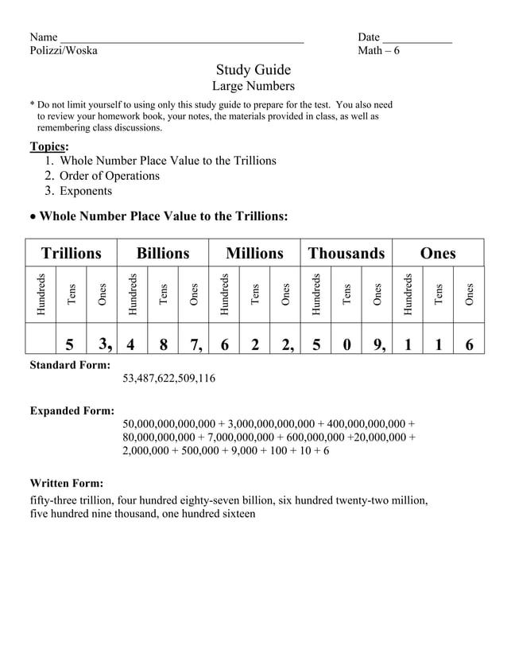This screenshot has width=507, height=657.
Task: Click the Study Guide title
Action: [x=253, y=69]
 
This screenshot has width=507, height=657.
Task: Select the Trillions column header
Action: [x=72, y=253]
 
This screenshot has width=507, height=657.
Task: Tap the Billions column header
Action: [x=163, y=253]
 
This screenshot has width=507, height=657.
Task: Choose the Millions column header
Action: [x=254, y=253]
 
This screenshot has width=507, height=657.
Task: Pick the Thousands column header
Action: [x=346, y=253]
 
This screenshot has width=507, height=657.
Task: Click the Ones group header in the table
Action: [x=437, y=253]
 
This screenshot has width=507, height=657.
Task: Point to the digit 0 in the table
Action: [x=346, y=344]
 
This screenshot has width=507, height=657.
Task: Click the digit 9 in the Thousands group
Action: [x=378, y=344]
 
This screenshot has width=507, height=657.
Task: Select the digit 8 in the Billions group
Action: [x=163, y=344]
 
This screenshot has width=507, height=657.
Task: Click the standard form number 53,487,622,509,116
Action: [x=168, y=379]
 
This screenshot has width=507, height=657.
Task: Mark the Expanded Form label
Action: [x=72, y=410]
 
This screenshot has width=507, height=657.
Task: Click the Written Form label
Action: [x=66, y=483]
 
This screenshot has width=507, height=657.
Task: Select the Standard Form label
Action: [x=70, y=365]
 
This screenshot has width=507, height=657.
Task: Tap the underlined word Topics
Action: [x=48, y=146]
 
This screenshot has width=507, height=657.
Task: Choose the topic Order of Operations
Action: [x=110, y=176]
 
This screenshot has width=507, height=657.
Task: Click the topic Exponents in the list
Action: [x=86, y=191]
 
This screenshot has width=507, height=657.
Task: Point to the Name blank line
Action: [x=182, y=38]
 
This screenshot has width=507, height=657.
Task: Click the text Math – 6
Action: [x=378, y=51]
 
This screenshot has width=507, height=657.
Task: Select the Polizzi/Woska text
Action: [x=64, y=51]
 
